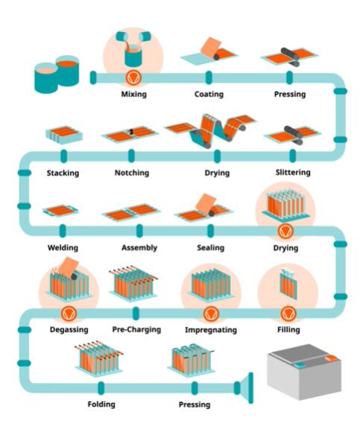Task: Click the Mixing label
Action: pyautogui.click(x=133, y=95)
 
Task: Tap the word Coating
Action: pyautogui.click(x=209, y=95)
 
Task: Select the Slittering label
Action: pyautogui.click(x=293, y=172)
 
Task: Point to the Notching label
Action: pyautogui.click(x=132, y=173)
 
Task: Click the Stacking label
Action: pyautogui.click(x=63, y=173)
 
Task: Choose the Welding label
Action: pyautogui.click(x=63, y=247)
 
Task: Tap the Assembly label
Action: pyautogui.click(x=139, y=248)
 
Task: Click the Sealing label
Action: pyautogui.click(x=211, y=248)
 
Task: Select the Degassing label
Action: pyautogui.click(x=69, y=330)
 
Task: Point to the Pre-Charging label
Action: pyautogui.click(x=136, y=329)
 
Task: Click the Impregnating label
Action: pyautogui.click(x=211, y=330)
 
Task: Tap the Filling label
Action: pyautogui.click(x=288, y=329)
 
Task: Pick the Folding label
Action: pyautogui.click(x=101, y=404)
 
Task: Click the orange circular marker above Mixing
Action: pyautogui.click(x=133, y=77)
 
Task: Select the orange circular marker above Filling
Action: pyautogui.click(x=288, y=314)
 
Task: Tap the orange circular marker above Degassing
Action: pyautogui.click(x=69, y=314)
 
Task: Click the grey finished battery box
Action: pyautogui.click(x=304, y=372)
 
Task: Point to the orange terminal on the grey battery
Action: pyautogui.click(x=331, y=357)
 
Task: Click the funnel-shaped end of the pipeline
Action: pyautogui.click(x=244, y=388)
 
